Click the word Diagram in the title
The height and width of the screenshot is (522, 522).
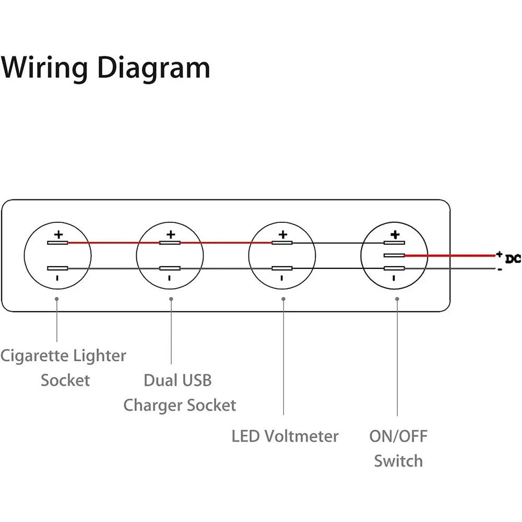pyautogui.click(x=154, y=68)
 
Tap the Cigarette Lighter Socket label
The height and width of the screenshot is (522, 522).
pyautogui.click(x=64, y=367)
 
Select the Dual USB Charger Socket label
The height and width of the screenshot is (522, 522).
pyautogui.click(x=179, y=393)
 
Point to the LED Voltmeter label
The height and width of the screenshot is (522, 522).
pyautogui.click(x=285, y=436)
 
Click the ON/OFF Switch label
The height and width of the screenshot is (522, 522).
pyautogui.click(x=398, y=448)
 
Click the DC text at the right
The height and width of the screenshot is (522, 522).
pyautogui.click(x=514, y=259)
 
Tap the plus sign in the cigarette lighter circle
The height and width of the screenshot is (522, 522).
pyautogui.click(x=58, y=234)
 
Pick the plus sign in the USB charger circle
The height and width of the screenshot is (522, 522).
pyautogui.click(x=170, y=234)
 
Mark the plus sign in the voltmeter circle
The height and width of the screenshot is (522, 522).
pyautogui.click(x=282, y=234)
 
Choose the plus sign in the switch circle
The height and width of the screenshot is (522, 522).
pyautogui.click(x=395, y=234)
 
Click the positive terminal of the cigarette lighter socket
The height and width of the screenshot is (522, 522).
pyautogui.click(x=57, y=243)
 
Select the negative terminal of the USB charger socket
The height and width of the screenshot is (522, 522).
pyautogui.click(x=170, y=268)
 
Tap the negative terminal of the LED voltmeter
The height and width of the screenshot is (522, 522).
pyautogui.click(x=282, y=268)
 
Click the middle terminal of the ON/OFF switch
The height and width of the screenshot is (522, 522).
pyautogui.click(x=395, y=255)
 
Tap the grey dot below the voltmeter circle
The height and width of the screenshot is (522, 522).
pyautogui.click(x=283, y=299)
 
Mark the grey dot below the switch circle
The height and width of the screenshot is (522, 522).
pyautogui.click(x=397, y=299)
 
